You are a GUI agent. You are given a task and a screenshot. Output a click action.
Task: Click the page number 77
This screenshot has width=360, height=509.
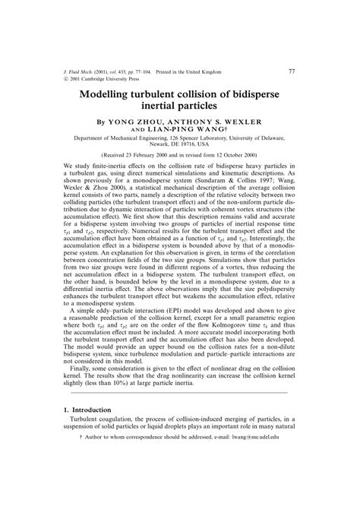pos(292,72)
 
